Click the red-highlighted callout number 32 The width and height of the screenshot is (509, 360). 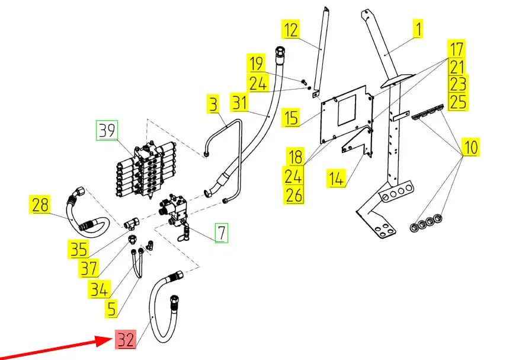(x=126, y=339)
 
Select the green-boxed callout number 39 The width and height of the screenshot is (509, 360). (x=107, y=130)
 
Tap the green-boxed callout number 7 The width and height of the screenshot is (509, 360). (x=222, y=232)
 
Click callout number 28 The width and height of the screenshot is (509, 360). (x=40, y=205)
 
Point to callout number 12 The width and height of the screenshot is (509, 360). (x=290, y=29)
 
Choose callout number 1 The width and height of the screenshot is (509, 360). (x=418, y=28)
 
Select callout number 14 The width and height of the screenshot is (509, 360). (x=336, y=179)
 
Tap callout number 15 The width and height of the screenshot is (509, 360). (x=291, y=117)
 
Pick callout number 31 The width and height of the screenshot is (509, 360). (x=239, y=103)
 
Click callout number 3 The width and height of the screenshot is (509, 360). (x=213, y=104)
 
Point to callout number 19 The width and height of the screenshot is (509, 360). (x=257, y=63)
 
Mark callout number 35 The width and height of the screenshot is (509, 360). (x=78, y=250)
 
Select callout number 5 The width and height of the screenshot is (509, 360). (x=111, y=308)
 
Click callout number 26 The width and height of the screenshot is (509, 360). (x=294, y=195)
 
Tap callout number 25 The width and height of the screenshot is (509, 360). (x=457, y=101)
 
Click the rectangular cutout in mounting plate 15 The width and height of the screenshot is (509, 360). (x=347, y=110)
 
